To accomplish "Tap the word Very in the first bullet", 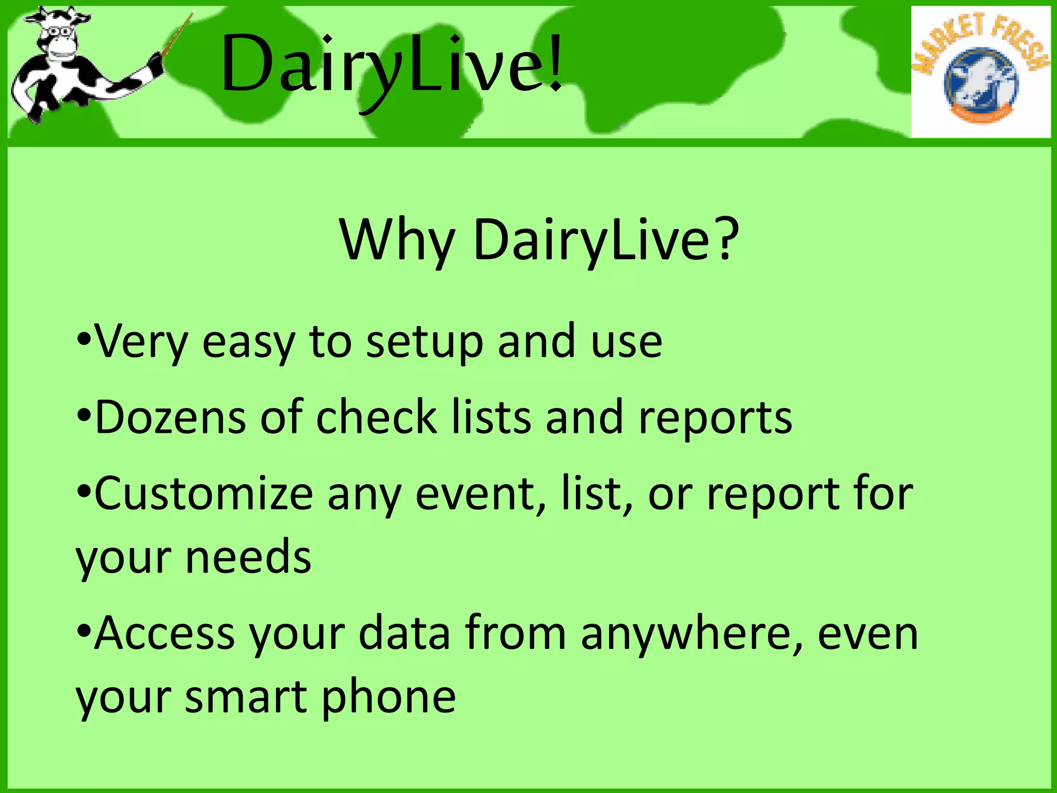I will [x=141, y=342].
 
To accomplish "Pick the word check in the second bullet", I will [x=377, y=417].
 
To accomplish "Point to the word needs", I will [x=248, y=558].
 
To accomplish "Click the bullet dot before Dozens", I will [x=84, y=416].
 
